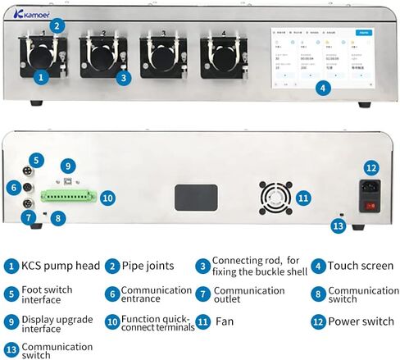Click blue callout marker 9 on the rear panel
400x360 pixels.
(x=68, y=165)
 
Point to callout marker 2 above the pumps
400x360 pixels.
(x=56, y=25)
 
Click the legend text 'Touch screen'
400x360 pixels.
(x=360, y=266)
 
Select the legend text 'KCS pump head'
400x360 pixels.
(x=57, y=266)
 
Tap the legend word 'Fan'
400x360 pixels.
(x=225, y=321)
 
